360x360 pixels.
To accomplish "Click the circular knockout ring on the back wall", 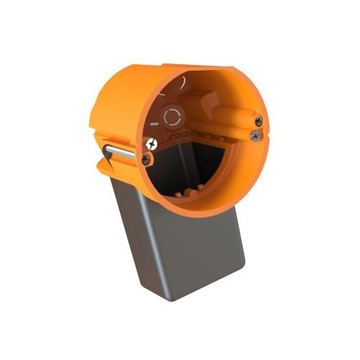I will pos(173,116).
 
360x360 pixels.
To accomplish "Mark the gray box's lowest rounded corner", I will pos(168,296).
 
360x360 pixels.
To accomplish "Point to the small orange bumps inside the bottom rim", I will pos(189,193).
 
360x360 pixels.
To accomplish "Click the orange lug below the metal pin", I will pos(108,168).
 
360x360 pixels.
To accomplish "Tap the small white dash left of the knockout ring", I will pos(154,124).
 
